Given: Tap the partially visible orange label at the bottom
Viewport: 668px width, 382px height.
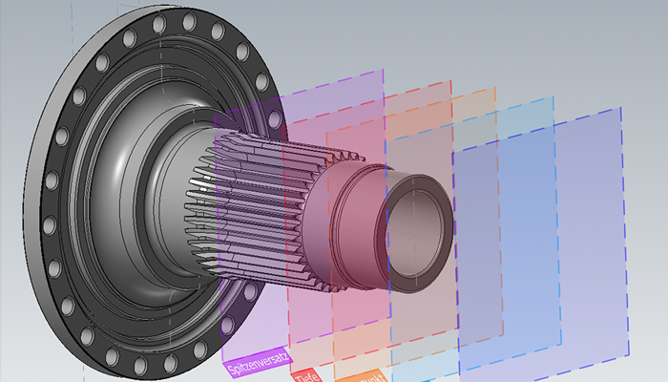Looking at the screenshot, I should (360, 376).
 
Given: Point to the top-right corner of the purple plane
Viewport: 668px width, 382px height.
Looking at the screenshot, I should (384, 70).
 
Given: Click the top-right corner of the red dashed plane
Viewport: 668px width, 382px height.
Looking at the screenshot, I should (450, 81).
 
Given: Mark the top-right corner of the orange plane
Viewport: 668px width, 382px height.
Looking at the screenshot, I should (496, 89).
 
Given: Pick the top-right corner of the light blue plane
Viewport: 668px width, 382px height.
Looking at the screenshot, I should (553, 97).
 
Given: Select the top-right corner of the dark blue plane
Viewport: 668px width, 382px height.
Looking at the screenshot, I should (625, 107).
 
